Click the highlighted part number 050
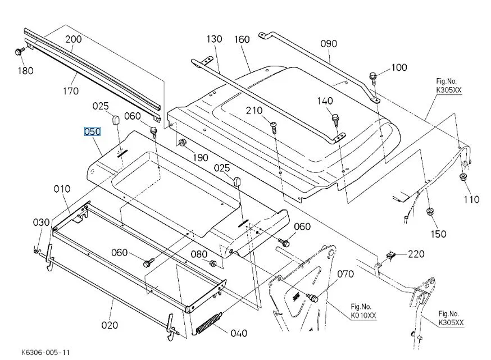coord(92,132)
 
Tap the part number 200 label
coord(73,39)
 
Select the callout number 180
coord(25,70)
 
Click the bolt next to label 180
coord(19,52)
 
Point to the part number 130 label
coord(214,39)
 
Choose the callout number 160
coord(242,39)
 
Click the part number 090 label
coord(329,43)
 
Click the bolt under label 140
coord(335,119)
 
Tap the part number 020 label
coord(110,325)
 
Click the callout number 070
coord(345,274)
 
